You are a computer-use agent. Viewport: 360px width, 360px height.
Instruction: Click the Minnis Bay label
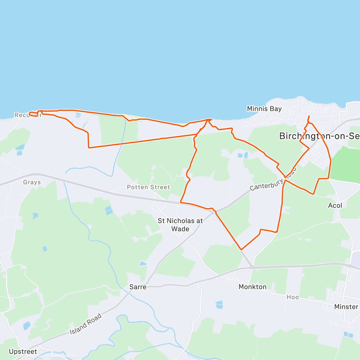264,109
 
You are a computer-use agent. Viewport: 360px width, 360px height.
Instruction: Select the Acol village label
335,205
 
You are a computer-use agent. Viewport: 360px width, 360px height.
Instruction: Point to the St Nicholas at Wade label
180,225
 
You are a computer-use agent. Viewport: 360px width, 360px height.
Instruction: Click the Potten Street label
148,187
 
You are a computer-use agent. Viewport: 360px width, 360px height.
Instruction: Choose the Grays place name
32,182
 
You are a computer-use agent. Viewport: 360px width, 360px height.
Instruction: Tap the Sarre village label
138,287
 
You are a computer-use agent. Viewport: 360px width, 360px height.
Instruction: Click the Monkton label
252,287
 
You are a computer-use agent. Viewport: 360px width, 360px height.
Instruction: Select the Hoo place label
292,297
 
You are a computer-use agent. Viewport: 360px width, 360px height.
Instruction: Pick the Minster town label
346,307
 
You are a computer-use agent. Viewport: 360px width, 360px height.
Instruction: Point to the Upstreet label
23,351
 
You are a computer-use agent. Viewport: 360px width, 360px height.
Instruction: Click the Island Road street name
86,324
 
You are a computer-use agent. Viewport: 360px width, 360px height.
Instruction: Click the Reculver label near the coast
28,115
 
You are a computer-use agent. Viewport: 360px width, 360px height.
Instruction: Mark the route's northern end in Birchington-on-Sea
309,116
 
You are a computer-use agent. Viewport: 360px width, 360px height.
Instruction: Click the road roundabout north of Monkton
252,267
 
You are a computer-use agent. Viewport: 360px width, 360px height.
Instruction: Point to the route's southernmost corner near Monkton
241,249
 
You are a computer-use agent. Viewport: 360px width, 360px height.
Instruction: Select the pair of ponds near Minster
348,334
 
